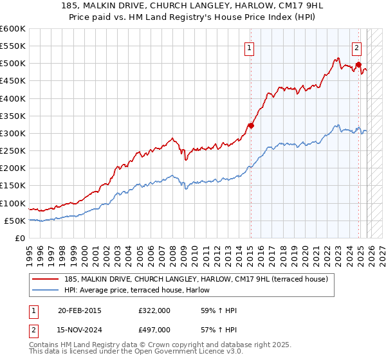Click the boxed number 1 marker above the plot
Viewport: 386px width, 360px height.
pyautogui.click(x=249, y=47)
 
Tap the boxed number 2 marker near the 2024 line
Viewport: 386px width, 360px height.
pyautogui.click(x=356, y=47)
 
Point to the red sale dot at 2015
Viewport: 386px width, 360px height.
pyautogui.click(x=251, y=126)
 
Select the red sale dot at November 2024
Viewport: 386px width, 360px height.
pyautogui.click(x=358, y=64)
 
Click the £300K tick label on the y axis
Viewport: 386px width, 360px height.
pyautogui.click(x=13, y=134)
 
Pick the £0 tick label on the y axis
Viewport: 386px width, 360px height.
pyautogui.click(x=19, y=238)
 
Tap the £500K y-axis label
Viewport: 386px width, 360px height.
pyautogui.click(x=13, y=64)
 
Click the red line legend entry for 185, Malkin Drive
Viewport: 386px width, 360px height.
pyautogui.click(x=196, y=279)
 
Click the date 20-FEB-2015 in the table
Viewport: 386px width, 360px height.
pyautogui.click(x=79, y=311)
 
